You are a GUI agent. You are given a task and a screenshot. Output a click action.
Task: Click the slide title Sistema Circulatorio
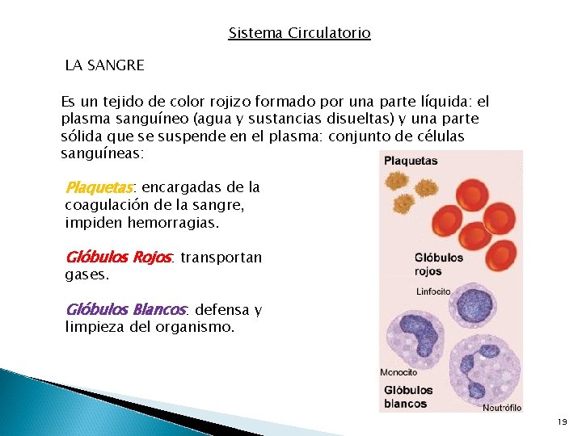tap(299, 33)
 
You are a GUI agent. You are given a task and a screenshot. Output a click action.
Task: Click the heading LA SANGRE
tap(104, 65)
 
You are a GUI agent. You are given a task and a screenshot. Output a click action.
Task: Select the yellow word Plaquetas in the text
tap(98, 188)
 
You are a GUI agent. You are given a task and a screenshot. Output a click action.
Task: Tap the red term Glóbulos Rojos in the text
tap(118, 258)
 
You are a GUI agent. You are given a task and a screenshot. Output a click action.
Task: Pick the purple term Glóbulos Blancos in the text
tap(125, 309)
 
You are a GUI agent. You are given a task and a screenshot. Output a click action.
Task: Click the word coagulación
tap(108, 205)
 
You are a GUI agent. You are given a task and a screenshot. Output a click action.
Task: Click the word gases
tap(86, 275)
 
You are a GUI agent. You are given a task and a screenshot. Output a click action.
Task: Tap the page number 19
tap(562, 422)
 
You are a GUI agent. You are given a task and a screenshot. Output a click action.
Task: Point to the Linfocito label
tap(432, 291)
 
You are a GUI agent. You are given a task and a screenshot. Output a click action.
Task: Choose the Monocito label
tap(399, 372)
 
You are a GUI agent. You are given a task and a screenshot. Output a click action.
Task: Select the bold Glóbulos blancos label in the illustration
tap(408, 396)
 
